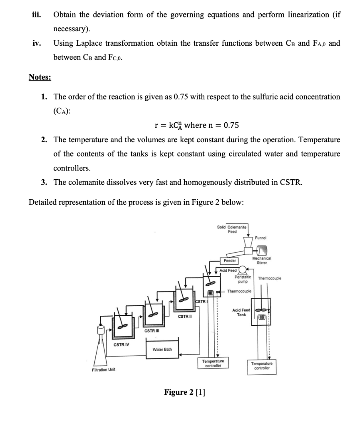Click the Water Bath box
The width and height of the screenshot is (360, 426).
tap(162, 349)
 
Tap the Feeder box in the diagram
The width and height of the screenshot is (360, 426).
tap(229, 261)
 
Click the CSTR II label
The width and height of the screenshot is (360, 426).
tap(184, 317)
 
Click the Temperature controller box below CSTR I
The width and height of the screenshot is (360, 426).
tap(213, 363)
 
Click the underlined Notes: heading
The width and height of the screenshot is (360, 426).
tap(40, 77)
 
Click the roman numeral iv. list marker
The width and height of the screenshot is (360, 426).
tap(37, 43)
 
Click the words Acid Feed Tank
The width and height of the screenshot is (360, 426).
tap(241, 312)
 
